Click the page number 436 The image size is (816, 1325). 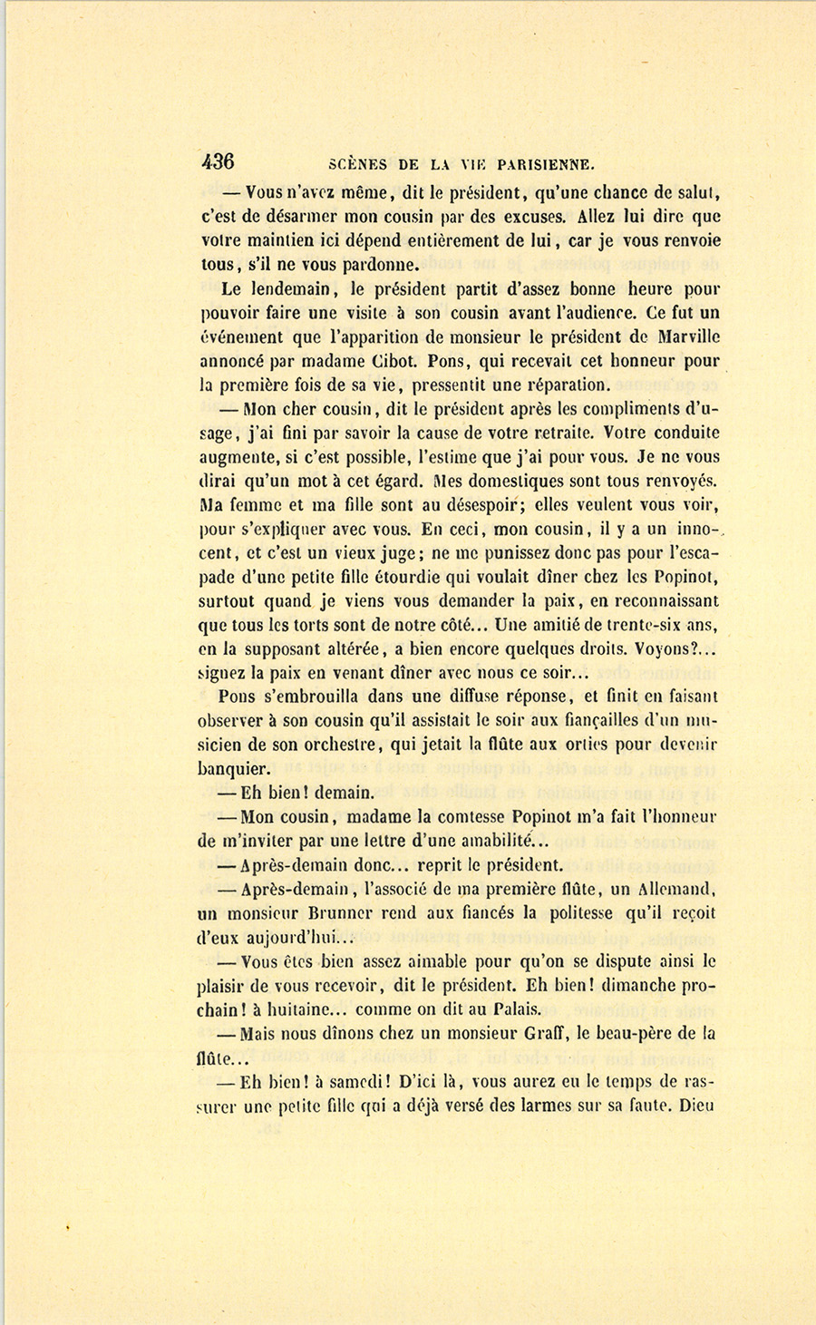pos(218,161)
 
